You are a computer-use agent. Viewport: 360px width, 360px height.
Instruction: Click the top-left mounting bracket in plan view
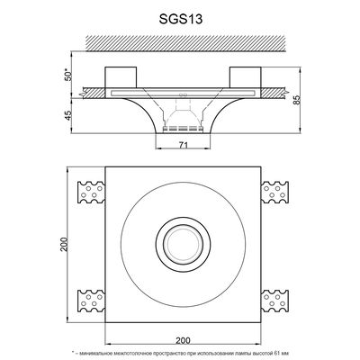(92, 193)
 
